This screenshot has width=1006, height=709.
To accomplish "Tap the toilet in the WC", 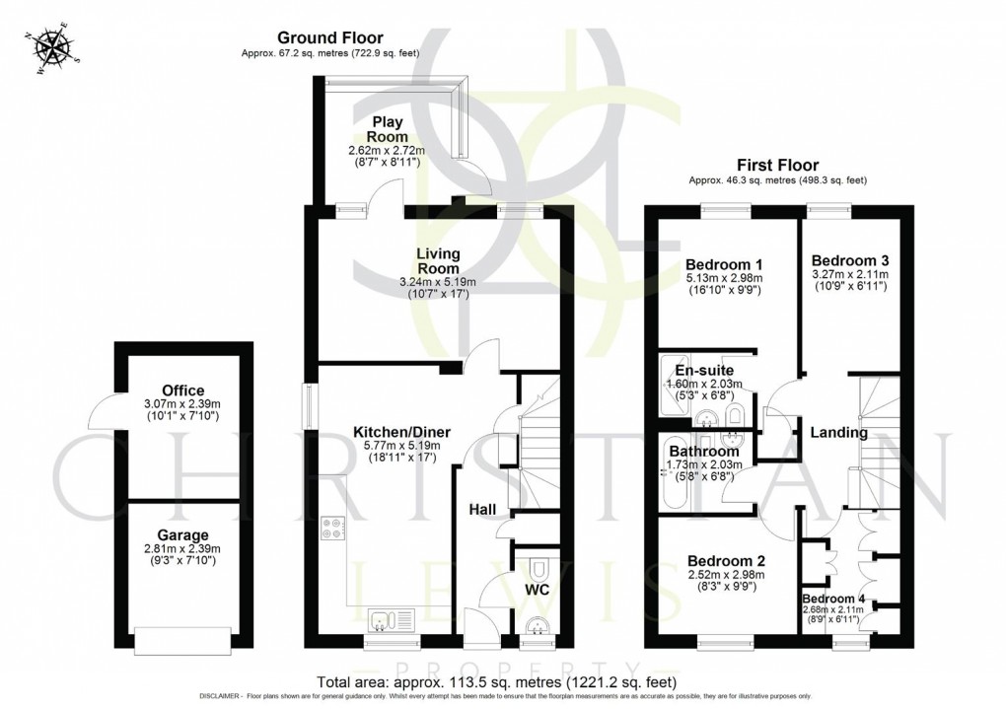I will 537,571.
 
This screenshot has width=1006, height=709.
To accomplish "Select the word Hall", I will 481,508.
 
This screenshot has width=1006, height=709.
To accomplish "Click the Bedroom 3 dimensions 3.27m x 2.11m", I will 849,274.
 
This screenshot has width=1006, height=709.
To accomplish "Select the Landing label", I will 838,432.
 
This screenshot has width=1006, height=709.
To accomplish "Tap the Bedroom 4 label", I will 833,598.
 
